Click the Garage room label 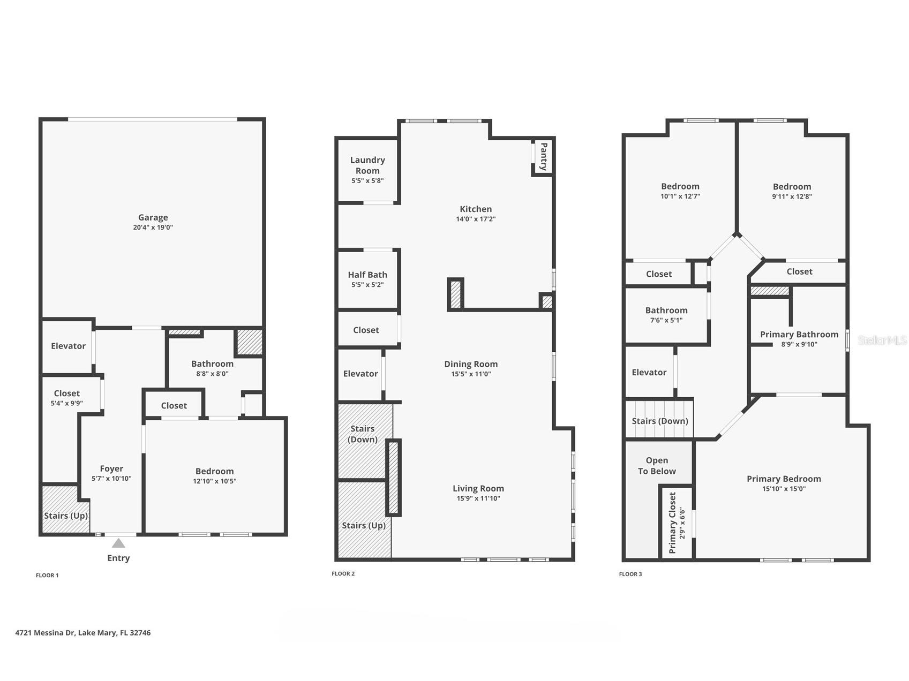click(x=153, y=217)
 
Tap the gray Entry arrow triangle click(x=118, y=543)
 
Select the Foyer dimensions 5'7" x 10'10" click(x=111, y=479)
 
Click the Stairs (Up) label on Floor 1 click(x=66, y=516)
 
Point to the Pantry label click(x=543, y=156)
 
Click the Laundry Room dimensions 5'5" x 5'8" click(x=367, y=181)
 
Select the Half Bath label click(x=367, y=275)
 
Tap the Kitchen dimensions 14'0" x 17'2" click(x=476, y=219)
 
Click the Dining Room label click(x=471, y=364)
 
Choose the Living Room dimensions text click(x=478, y=498)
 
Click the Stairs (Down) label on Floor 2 click(x=363, y=434)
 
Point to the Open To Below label click(x=657, y=466)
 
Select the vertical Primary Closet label click(x=673, y=523)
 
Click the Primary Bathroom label click(x=799, y=335)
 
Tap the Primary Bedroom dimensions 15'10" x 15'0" click(x=784, y=489)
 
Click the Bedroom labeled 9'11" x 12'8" click(x=792, y=187)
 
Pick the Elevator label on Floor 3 click(x=649, y=372)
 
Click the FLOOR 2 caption click(x=343, y=573)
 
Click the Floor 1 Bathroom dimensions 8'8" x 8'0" click(x=212, y=374)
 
